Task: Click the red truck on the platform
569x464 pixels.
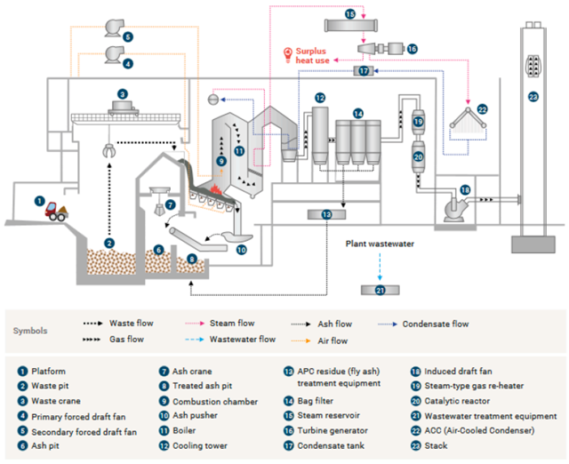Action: point(57,211)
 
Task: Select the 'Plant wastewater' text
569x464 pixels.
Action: point(381,241)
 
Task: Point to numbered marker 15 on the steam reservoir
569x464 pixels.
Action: point(350,15)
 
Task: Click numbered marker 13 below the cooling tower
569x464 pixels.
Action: point(326,213)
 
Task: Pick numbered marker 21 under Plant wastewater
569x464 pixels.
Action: point(381,290)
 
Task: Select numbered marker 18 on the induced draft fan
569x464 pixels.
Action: point(464,189)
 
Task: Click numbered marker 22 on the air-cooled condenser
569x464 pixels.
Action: point(482,108)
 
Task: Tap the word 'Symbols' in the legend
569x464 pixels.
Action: point(30,331)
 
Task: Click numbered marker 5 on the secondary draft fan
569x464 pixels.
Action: point(129,36)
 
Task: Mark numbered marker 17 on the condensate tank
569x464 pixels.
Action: point(364,69)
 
